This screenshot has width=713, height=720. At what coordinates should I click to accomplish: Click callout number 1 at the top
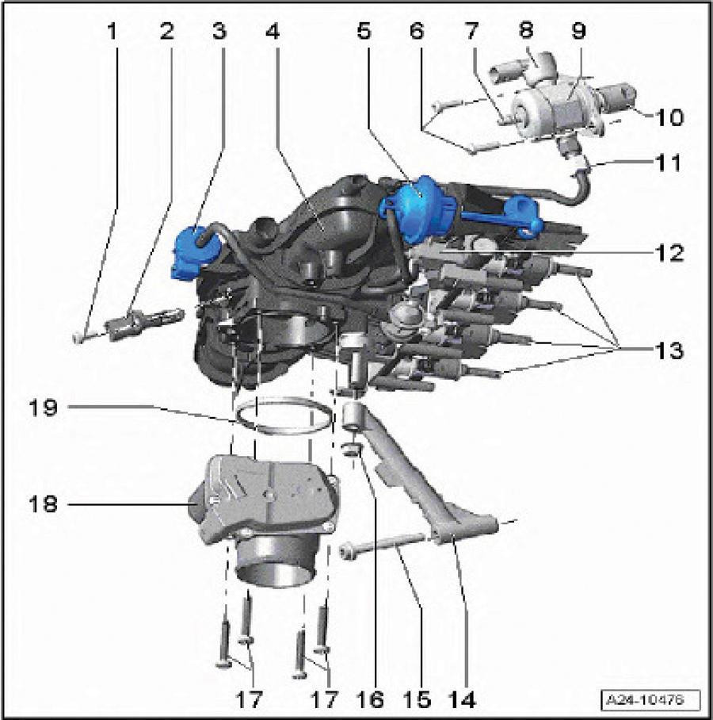point(112,31)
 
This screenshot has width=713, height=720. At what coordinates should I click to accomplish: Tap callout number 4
point(273,31)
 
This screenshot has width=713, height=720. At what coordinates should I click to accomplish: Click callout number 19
point(43,408)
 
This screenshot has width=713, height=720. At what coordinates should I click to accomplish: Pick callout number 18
point(43,504)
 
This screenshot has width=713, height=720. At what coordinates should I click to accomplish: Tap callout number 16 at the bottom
point(370,699)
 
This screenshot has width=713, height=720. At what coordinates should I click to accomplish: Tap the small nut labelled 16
point(352,450)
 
